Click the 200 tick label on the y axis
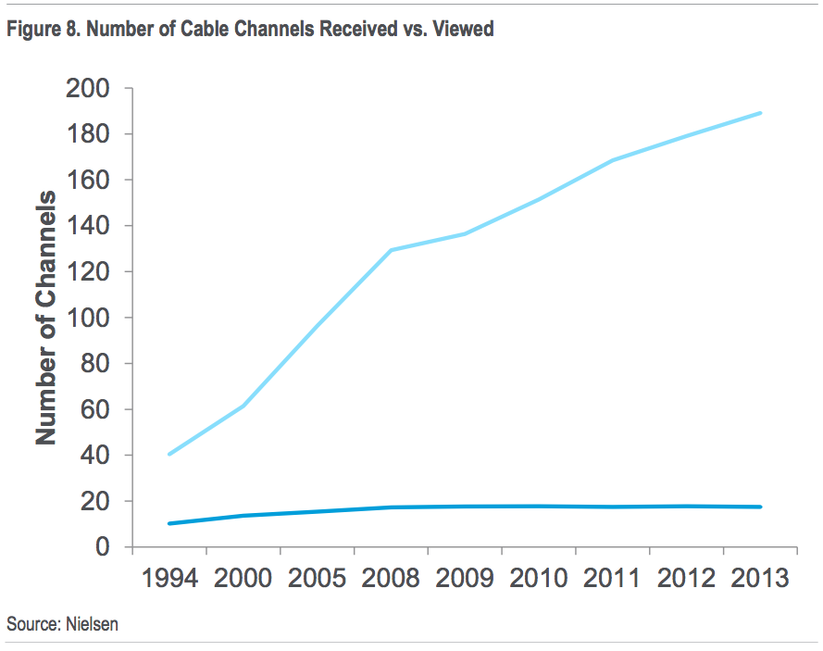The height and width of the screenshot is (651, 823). tap(86, 89)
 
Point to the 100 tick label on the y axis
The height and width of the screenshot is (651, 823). tap(86, 319)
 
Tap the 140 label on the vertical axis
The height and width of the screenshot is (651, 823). tap(86, 227)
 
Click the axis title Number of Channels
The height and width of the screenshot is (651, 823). tap(46, 318)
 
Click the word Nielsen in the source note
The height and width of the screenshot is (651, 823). tap(91, 625)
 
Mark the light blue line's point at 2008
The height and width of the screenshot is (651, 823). tap(391, 250)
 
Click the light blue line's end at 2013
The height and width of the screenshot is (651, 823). tap(760, 113)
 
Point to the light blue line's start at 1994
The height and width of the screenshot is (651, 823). tap(169, 454)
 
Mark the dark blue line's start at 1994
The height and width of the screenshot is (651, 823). tap(169, 523)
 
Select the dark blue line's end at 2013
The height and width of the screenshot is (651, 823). tap(760, 507)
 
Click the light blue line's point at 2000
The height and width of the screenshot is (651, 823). tap(243, 406)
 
